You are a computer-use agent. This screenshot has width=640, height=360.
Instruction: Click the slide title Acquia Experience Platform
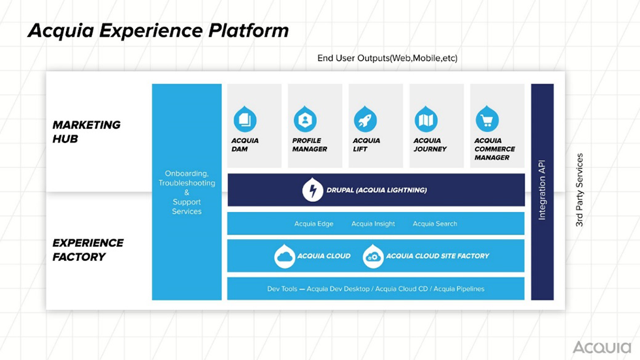pos(157,31)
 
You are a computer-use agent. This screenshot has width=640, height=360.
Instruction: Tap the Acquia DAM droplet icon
pos(245,120)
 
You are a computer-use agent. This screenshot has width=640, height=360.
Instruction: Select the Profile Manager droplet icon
pos(305,120)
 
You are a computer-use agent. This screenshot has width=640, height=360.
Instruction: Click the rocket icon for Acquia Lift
pos(365,120)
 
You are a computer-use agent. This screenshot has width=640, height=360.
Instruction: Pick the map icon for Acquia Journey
pos(426,120)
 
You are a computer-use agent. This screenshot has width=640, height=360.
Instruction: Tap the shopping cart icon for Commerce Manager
pos(487,120)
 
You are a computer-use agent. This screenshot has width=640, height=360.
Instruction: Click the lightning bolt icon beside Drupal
pos(313,190)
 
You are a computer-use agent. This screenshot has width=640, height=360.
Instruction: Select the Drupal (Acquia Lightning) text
pos(377,190)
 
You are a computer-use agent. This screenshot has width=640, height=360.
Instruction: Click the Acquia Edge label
pos(313,223)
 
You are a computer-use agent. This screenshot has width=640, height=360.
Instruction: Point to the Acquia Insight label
pos(373,223)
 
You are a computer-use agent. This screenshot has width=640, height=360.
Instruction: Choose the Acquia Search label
pos(434,223)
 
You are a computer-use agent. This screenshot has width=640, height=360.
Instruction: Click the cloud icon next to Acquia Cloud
pos(285,256)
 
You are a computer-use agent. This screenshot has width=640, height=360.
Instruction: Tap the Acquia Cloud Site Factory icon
pos(373,256)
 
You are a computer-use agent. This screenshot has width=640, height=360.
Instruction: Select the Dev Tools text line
pos(376,289)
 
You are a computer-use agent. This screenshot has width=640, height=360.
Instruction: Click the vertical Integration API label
pos(542,191)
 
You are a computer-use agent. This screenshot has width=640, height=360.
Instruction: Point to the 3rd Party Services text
pos(579,191)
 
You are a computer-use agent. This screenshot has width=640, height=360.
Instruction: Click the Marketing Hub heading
pos(86,131)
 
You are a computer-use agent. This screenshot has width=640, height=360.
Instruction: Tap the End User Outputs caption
pos(387,58)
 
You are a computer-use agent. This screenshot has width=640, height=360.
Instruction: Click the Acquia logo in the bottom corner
pos(601,347)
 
